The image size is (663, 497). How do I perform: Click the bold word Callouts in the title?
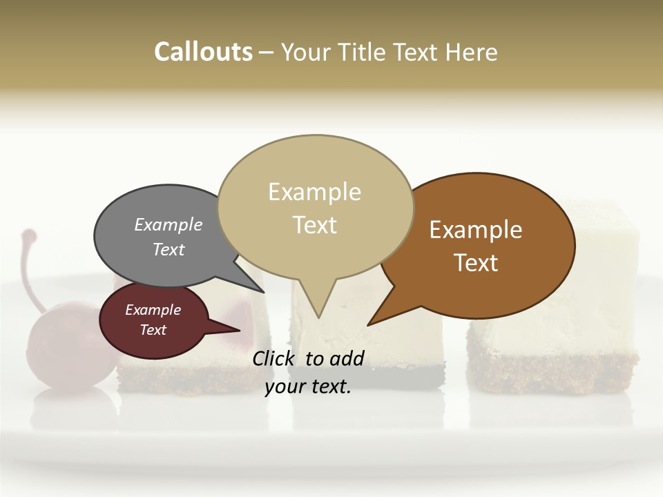203,52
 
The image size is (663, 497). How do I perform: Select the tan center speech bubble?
315,207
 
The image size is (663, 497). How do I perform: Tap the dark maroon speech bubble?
153,321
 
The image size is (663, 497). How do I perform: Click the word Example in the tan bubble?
314,192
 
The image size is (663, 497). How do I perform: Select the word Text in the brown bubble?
476,263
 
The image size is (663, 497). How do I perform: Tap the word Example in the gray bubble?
169,225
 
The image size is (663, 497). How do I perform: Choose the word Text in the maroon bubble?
153,330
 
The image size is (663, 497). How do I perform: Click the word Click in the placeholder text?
273,358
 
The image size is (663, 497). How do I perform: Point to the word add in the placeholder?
346,358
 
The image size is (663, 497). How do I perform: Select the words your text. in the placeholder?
308,387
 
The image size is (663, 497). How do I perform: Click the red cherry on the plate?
59,352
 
